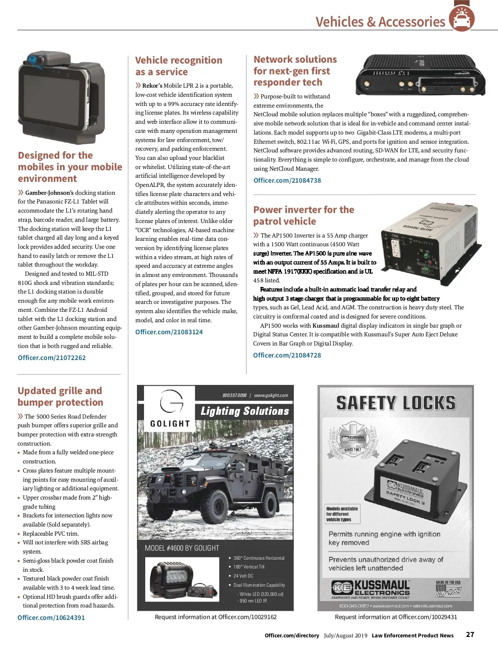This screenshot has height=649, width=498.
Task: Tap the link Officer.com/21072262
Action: pos(52,358)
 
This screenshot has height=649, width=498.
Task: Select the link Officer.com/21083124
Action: pos(169,332)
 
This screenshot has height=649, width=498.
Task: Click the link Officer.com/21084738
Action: pos(287,180)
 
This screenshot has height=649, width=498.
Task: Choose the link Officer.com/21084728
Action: pos(287,355)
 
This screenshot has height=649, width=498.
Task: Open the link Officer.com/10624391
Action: pos(51,617)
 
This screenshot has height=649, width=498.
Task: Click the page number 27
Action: pos(470,634)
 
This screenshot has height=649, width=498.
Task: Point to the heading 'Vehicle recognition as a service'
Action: pos(178,66)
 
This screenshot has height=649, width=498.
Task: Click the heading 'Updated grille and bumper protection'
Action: pos(60,397)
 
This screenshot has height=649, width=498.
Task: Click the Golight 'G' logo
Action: pos(171,402)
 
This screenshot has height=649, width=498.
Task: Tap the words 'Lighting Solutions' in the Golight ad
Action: pos(245,411)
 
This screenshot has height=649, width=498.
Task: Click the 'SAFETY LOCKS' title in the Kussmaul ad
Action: pos(395,403)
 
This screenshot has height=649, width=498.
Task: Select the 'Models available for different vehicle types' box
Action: pos(342,514)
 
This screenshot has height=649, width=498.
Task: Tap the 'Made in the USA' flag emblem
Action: pos(448,590)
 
